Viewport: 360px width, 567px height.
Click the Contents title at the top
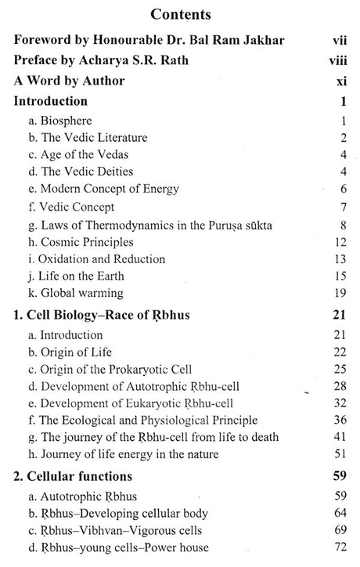point(179,15)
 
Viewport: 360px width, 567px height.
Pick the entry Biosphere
point(64,121)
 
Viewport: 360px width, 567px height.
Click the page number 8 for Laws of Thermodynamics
point(343,226)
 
